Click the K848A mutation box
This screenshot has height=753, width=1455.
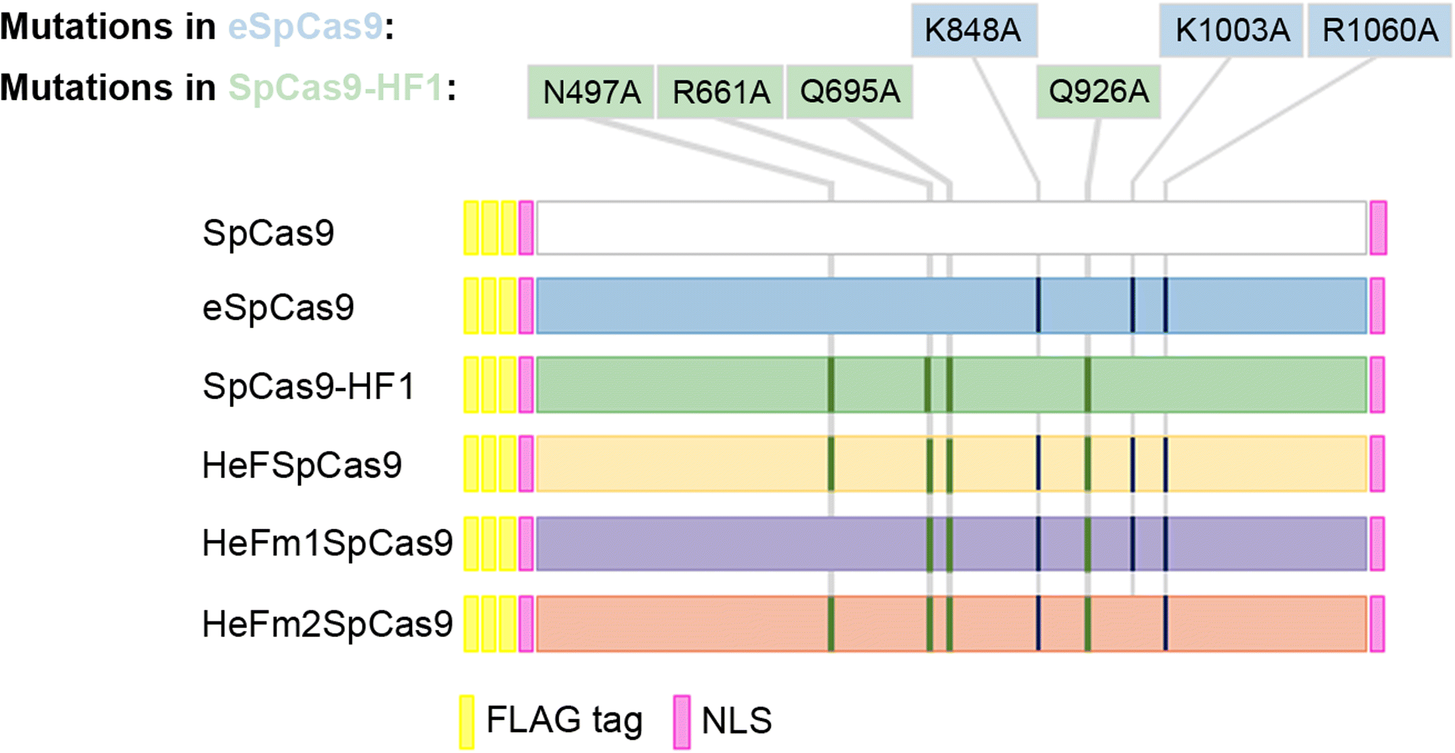(974, 30)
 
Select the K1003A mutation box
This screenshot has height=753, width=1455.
(1231, 30)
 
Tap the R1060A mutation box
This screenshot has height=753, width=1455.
(1379, 30)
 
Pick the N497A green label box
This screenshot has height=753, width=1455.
(591, 92)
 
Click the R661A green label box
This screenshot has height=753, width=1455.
(720, 92)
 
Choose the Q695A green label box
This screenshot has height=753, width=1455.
(849, 92)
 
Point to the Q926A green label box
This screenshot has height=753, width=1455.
(1098, 92)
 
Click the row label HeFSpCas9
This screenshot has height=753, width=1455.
(302, 465)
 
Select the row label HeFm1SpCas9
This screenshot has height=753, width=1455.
(327, 543)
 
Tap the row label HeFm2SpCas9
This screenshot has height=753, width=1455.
(327, 624)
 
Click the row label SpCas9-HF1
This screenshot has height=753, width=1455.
(309, 386)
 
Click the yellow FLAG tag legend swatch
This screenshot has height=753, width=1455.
(467, 722)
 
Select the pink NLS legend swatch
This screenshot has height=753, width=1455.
(681, 722)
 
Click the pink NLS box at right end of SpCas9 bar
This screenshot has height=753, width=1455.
(1378, 227)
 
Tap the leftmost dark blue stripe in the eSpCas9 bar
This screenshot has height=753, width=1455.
(1039, 306)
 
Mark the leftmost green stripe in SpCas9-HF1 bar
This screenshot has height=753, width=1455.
(831, 385)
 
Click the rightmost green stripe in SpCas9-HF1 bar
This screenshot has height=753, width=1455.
(1088, 385)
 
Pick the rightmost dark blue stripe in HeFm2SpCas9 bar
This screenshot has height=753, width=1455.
(1165, 623)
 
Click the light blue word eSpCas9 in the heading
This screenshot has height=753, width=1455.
(306, 27)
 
